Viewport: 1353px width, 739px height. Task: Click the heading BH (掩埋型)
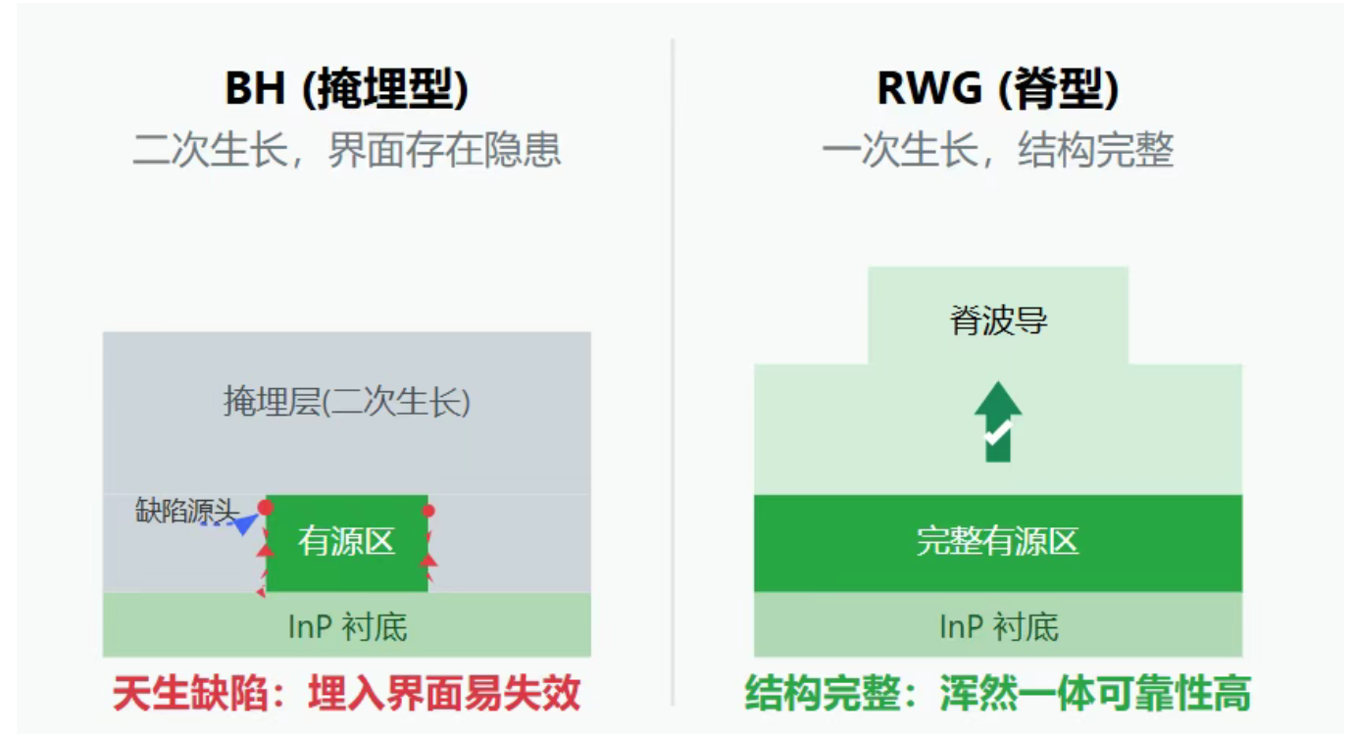point(346,89)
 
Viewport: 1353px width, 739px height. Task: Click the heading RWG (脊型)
point(997,89)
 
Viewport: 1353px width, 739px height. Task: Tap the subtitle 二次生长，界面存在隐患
point(346,151)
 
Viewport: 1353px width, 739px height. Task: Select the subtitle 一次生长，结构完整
point(997,151)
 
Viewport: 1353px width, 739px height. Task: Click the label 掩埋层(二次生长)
point(346,402)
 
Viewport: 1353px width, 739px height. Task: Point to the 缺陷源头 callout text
point(185,511)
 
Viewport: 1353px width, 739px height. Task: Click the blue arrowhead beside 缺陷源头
point(244,524)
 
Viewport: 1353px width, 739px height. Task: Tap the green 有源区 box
point(346,542)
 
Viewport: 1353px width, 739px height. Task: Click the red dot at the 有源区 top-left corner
point(265,507)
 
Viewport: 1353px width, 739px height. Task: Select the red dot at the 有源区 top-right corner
point(428,511)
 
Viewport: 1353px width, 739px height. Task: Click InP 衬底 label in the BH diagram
point(346,626)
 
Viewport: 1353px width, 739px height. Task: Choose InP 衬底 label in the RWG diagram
point(997,626)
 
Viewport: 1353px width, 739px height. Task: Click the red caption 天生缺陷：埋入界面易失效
point(346,693)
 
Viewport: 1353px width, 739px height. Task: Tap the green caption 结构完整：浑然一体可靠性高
point(997,693)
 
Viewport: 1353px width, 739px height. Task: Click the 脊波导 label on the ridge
point(997,320)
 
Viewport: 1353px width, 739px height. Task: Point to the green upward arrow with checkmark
point(997,421)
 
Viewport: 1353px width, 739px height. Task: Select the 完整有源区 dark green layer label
point(997,542)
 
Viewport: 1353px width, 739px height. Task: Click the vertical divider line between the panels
point(673,372)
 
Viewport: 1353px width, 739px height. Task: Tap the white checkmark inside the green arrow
point(997,432)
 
